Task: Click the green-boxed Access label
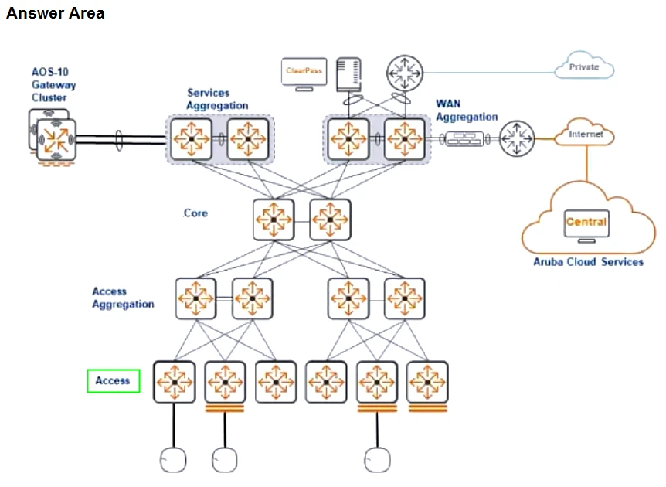click(113, 380)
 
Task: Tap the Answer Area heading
click(55, 13)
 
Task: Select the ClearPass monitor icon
click(305, 72)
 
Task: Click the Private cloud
click(585, 67)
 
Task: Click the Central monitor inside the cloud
click(586, 223)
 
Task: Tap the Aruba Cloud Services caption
click(588, 262)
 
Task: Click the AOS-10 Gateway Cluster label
click(53, 85)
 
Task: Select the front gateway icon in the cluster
click(56, 140)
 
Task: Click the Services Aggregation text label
click(217, 99)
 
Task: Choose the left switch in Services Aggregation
click(191, 140)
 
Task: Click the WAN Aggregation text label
click(466, 110)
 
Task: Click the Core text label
click(195, 213)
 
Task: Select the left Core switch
click(274, 220)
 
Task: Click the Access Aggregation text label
click(123, 298)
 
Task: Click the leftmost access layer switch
click(174, 382)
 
